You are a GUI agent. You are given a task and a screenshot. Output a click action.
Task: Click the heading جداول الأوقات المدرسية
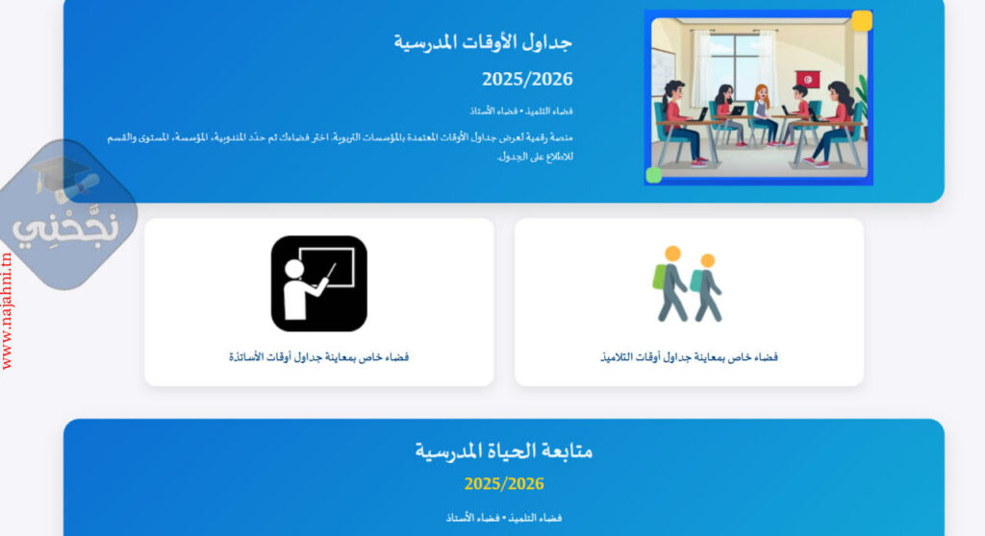click(483, 42)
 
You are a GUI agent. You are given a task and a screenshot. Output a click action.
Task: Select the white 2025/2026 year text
click(527, 79)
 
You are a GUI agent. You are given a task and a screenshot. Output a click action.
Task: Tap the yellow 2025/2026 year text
click(504, 484)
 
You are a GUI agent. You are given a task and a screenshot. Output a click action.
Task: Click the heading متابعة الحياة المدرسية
click(504, 450)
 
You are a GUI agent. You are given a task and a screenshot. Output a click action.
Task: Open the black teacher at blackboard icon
click(319, 283)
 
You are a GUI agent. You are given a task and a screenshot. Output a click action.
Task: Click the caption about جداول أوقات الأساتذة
click(318, 357)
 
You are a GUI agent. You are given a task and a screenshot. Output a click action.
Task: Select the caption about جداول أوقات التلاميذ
click(689, 357)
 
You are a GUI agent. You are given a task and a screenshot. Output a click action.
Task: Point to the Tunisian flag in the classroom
click(808, 80)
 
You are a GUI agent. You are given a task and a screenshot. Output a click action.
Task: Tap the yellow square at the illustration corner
click(862, 20)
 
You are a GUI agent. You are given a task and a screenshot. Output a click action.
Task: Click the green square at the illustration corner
click(654, 175)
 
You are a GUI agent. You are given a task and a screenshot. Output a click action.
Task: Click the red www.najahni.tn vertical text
click(7, 311)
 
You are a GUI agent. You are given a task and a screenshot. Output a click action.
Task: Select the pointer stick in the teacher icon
click(330, 272)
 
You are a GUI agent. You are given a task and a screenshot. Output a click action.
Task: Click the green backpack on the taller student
click(658, 276)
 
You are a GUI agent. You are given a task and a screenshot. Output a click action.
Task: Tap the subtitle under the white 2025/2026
click(521, 111)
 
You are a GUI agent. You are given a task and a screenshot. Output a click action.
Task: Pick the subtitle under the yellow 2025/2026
click(504, 518)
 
